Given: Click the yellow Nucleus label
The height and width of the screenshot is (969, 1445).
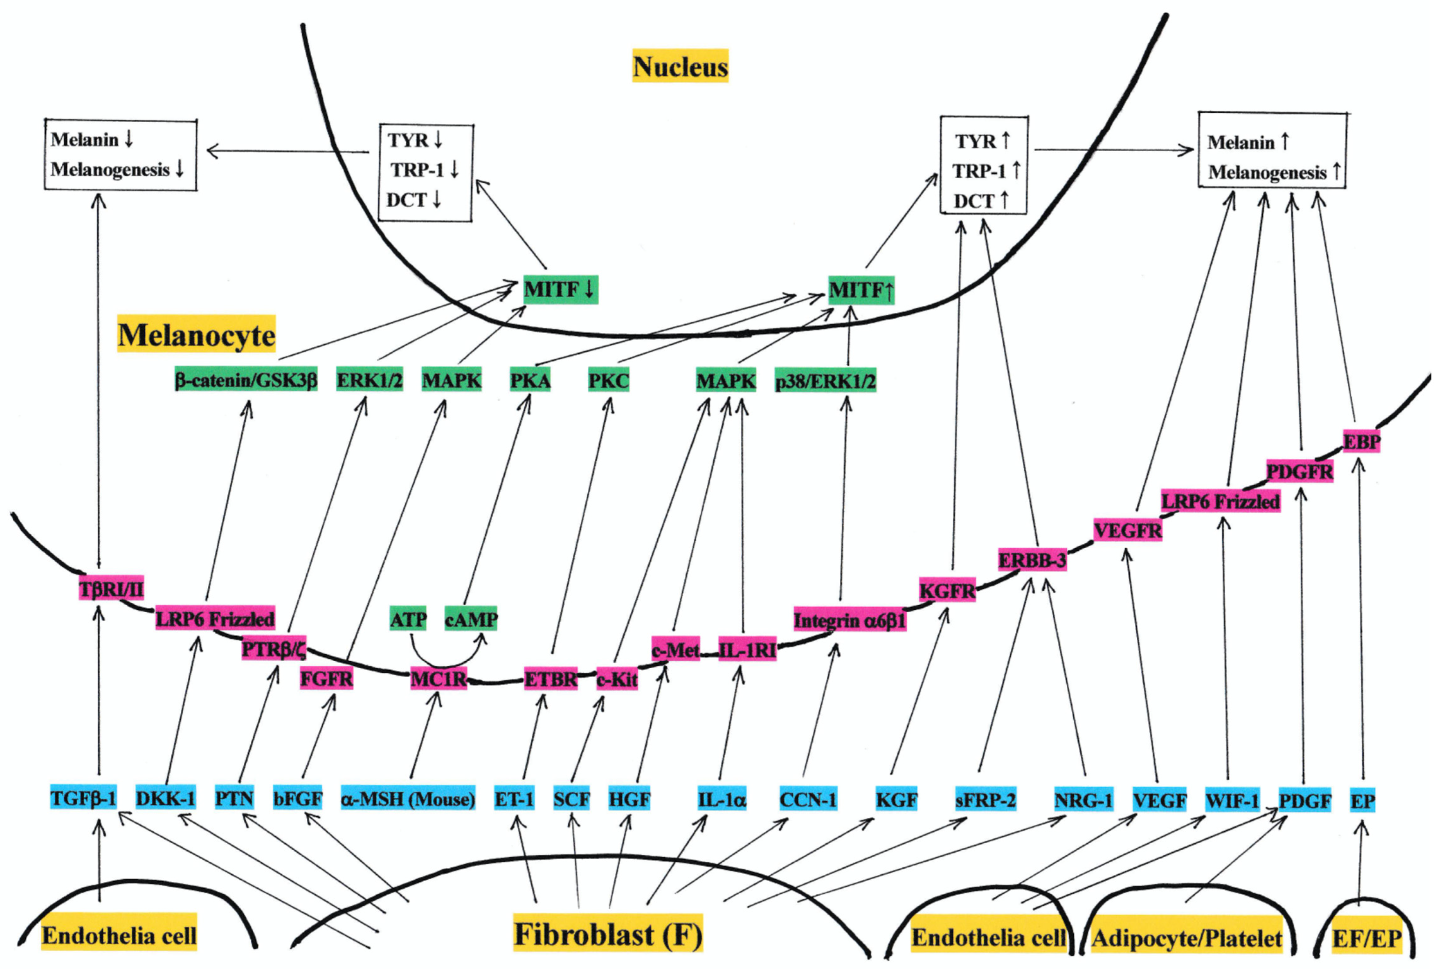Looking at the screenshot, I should [x=680, y=66].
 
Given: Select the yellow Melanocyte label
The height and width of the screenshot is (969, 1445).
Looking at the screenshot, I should [x=197, y=334].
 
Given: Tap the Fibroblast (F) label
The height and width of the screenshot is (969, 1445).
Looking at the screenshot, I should [x=608, y=934].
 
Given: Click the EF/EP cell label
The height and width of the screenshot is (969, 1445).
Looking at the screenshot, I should [x=1366, y=938].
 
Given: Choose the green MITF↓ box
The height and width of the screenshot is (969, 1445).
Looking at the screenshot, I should [x=560, y=289].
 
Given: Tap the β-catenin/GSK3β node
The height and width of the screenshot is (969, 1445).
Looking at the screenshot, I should [x=246, y=380].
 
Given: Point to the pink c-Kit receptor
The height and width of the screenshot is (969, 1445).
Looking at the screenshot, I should [x=617, y=679].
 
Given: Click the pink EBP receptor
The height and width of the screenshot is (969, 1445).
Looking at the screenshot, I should [x=1361, y=441].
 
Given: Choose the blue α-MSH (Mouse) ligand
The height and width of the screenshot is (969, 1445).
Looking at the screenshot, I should [x=408, y=799].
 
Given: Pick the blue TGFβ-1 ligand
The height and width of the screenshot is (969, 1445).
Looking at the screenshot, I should [x=84, y=798].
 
